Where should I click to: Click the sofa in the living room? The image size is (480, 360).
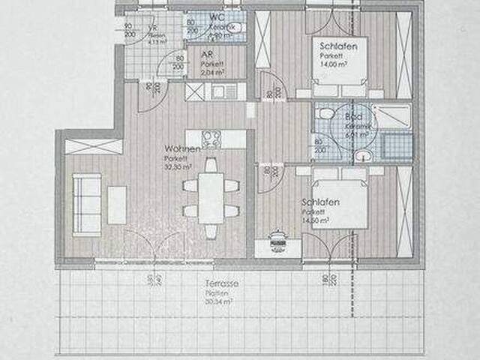coord(86,205)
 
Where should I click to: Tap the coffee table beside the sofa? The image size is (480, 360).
coord(117,205)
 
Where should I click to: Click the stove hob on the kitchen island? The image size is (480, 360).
coord(211,139)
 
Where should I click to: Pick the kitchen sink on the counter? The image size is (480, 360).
coord(223,91)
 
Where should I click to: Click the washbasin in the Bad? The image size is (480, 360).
coord(364,156)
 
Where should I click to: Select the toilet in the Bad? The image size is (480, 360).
coord(324,114)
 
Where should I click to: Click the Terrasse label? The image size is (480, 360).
coord(223,286)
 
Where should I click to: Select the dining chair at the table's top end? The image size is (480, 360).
coord(211,164)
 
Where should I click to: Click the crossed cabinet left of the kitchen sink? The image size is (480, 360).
coord(194,91)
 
